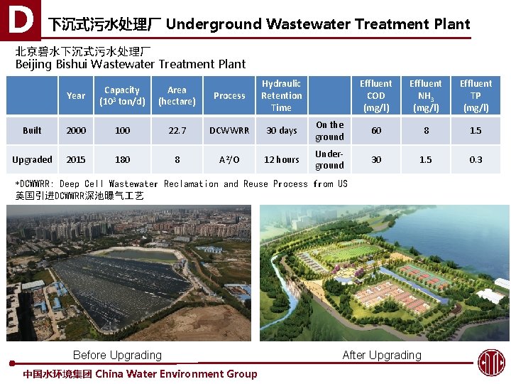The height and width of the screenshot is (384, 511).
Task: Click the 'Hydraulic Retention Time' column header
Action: coord(281,95)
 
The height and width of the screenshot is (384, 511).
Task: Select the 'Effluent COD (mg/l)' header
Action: coord(376,95)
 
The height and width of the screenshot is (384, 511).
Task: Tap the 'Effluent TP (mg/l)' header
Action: coord(476,95)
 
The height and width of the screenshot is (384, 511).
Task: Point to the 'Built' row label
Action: coord(32,131)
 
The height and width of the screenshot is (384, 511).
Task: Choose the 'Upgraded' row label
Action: coord(32,159)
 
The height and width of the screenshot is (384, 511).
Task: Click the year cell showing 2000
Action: coord(75,131)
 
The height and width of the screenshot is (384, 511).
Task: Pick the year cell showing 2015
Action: coord(75,159)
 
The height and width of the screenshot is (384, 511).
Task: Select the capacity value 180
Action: coord(122,159)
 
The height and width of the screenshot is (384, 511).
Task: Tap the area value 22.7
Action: coord(177,131)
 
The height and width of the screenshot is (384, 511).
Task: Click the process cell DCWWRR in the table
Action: coord(229,131)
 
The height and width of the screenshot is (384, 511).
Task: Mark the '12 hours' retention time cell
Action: coord(281,159)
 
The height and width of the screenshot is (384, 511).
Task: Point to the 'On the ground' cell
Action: coord(329,131)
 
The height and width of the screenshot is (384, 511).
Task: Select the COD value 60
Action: coord(376,131)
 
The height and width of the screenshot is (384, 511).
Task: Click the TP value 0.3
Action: coord(476,159)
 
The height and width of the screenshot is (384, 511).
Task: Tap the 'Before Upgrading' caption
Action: coord(117,355)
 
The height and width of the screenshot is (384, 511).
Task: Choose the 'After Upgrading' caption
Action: coord(382,355)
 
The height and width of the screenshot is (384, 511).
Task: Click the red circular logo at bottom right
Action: coord(490,362)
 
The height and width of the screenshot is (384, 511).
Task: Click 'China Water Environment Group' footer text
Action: coord(176,374)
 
